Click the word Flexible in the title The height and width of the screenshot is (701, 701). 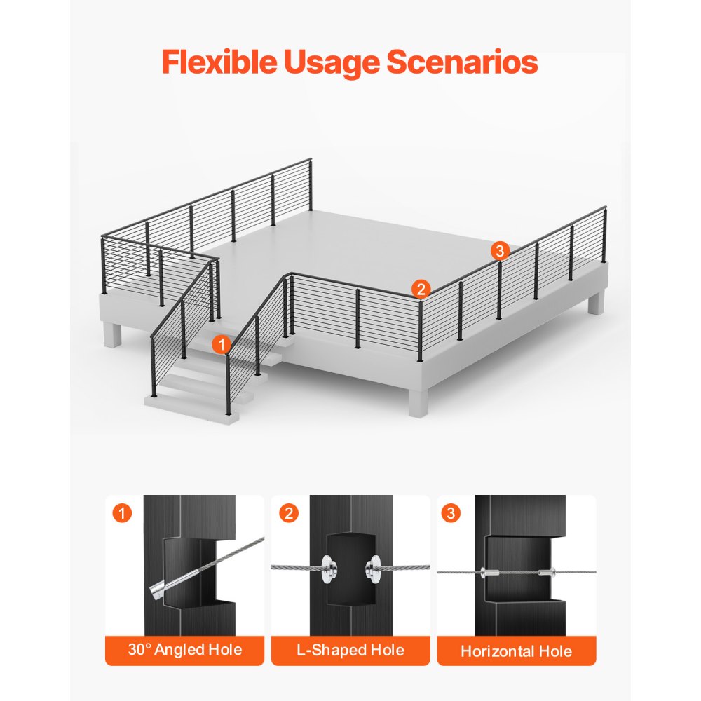tap(219, 62)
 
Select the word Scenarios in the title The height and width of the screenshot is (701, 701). tap(462, 62)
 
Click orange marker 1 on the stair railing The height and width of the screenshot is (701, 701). tap(222, 345)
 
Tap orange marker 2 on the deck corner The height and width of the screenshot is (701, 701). tap(421, 290)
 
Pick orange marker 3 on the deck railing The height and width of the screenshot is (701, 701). tap(500, 251)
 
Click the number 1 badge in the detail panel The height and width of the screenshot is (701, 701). tap(122, 513)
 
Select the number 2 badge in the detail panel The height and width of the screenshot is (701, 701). tap(288, 513)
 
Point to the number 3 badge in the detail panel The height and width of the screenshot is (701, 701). tap(451, 513)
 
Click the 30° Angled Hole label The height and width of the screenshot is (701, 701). tap(184, 650)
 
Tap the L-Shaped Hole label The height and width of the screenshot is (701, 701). tap(350, 650)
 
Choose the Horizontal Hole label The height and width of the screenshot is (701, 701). tap(517, 651)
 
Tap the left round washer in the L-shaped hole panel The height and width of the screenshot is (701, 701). tap(329, 569)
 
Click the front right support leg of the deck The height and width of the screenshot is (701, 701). tap(418, 402)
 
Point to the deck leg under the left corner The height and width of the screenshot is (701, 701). tap(113, 334)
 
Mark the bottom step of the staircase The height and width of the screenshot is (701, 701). tap(191, 407)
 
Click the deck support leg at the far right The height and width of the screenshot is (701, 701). tap(596, 302)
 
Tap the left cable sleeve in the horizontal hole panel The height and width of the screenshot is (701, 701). tap(489, 572)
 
